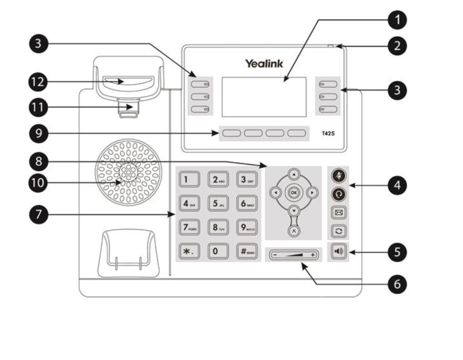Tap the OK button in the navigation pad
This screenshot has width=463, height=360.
tap(294, 193)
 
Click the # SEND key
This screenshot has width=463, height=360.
tap(246, 251)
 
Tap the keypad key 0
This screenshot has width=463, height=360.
tap(216, 251)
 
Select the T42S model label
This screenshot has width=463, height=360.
tap(328, 133)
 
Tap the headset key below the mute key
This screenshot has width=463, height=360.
tap(339, 194)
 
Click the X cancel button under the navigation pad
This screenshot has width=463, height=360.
tap(294, 231)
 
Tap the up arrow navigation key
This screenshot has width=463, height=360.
tap(294, 174)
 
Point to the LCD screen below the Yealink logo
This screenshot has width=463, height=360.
tap(264, 97)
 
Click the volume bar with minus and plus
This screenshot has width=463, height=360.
tap(294, 255)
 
